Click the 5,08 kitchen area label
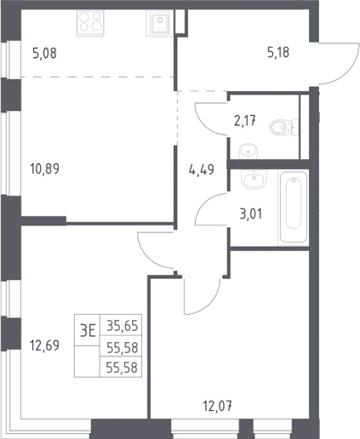coord(45,53)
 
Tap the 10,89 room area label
coord(44,168)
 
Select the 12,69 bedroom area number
coord(44,345)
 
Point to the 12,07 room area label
coord(218,407)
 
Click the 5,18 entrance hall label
coord(278,53)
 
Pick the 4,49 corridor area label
coord(202,170)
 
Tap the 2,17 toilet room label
coord(245,122)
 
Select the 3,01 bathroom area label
coord(251,214)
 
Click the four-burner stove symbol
coord(90,23)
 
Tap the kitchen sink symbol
coord(159,23)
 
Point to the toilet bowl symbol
coord(283,127)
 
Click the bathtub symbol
coord(294,208)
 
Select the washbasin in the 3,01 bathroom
coord(254,179)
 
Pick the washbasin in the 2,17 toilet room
coord(249,151)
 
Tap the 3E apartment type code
coord(88,331)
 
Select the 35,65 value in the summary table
coord(123,326)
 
